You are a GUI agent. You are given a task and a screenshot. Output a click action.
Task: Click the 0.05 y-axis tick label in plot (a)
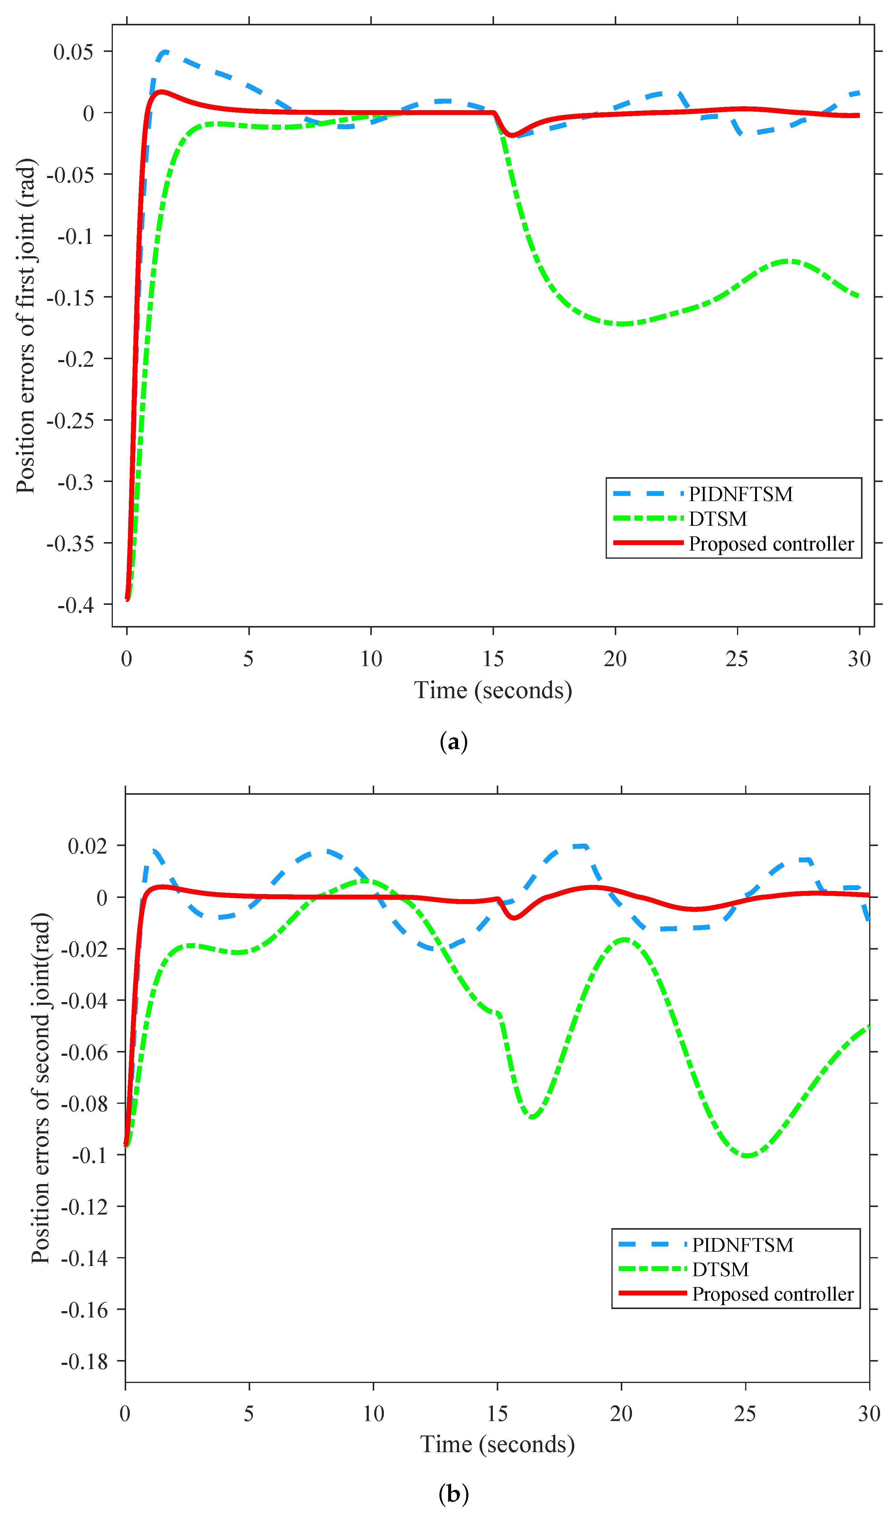73,52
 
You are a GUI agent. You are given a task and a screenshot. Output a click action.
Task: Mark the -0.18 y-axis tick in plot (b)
84,1362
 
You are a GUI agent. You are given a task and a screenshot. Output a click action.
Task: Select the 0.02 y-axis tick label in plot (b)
87,846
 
